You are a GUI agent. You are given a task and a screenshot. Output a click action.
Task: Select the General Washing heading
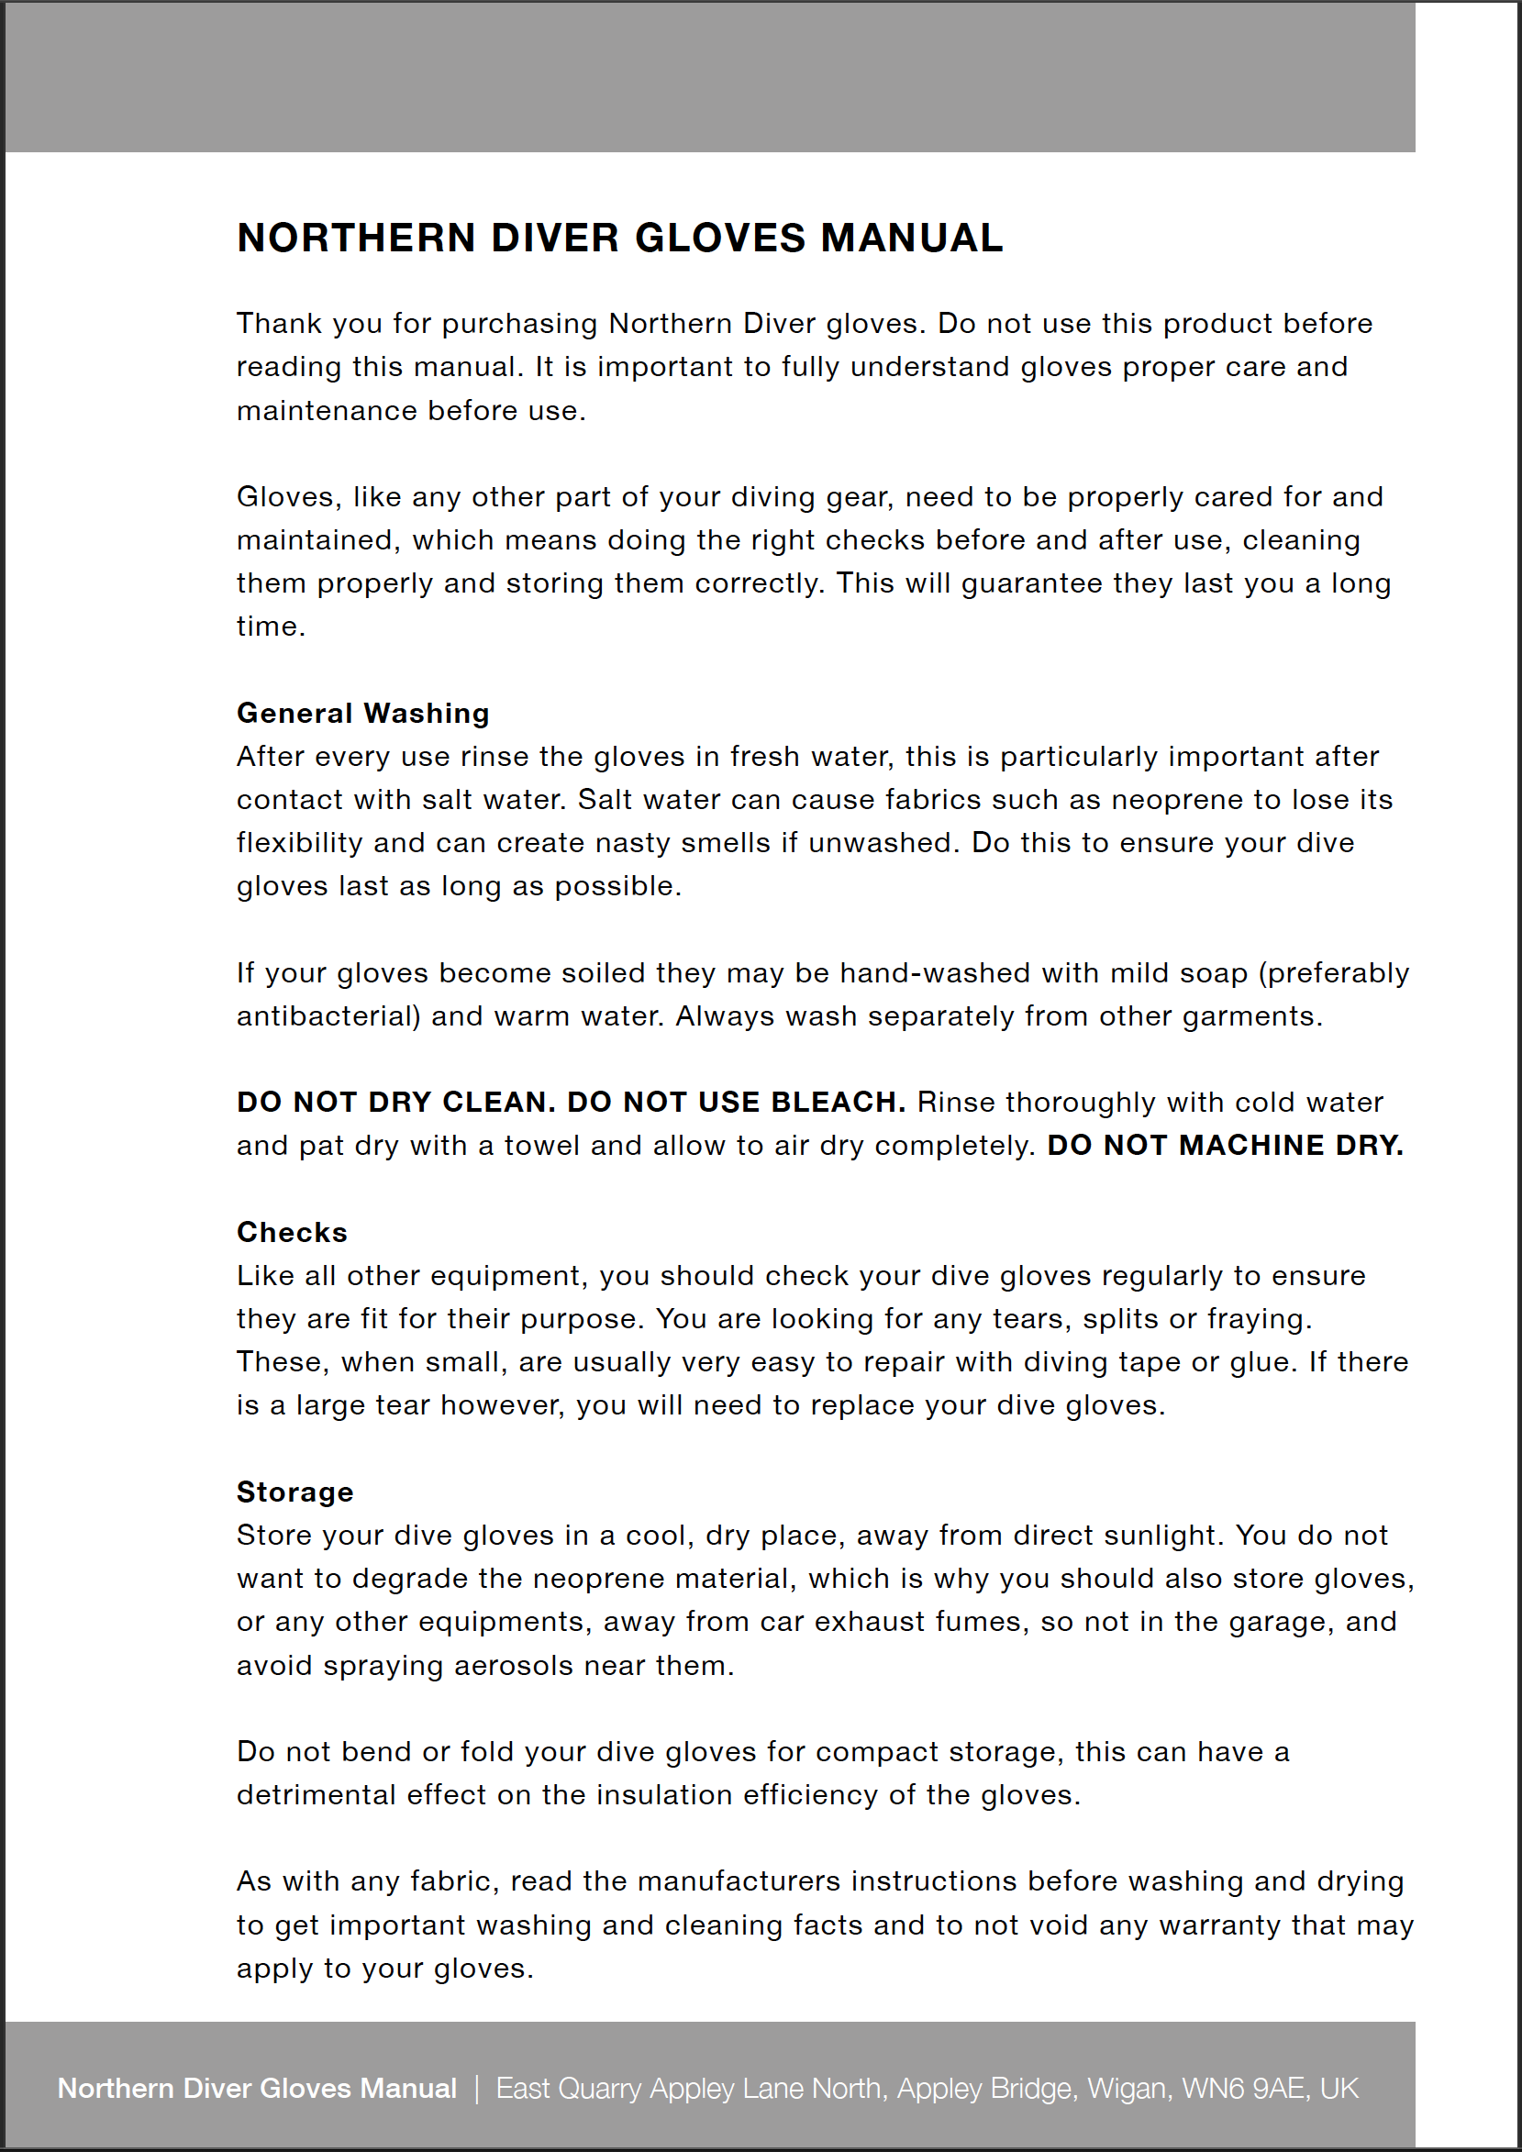pos(362,714)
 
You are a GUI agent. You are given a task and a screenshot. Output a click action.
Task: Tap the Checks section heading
pos(292,1232)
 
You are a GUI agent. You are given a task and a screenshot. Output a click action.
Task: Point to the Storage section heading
pos(294,1492)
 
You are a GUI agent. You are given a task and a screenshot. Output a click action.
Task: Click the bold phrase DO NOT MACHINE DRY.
pos(1225,1146)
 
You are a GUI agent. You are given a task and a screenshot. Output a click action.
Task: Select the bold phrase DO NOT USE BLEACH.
pos(736,1103)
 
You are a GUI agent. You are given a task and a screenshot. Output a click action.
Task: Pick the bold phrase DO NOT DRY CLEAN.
pos(396,1103)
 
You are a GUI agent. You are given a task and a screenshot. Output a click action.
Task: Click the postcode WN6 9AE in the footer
pos(1244,2089)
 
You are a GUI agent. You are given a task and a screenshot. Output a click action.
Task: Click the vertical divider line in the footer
pos(476,2089)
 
